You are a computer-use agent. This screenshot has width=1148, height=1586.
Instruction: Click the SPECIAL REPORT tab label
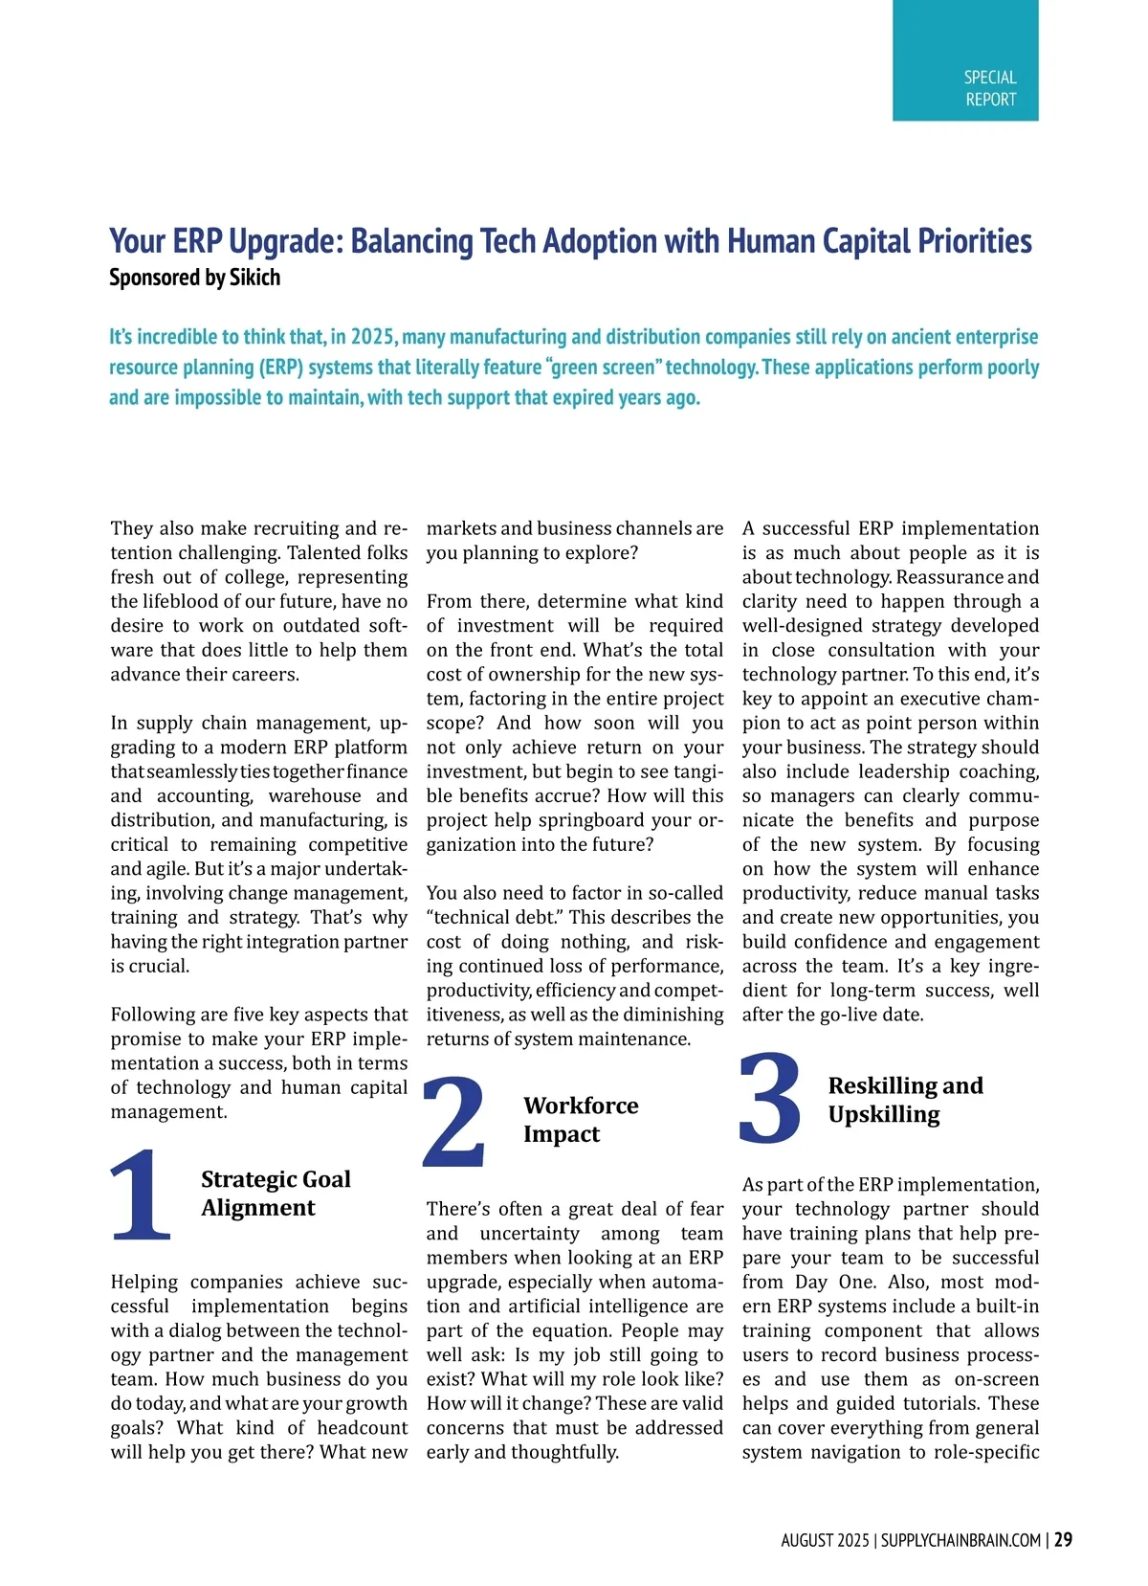click(x=989, y=88)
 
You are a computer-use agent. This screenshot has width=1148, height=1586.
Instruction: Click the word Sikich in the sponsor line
click(x=254, y=278)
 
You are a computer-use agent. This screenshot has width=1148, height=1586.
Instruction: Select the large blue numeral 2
click(x=455, y=1121)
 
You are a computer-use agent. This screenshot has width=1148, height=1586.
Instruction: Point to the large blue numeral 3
click(x=771, y=1099)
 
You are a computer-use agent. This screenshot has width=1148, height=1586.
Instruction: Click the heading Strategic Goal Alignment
click(x=276, y=1193)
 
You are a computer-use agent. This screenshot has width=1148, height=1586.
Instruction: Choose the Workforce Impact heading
click(x=581, y=1120)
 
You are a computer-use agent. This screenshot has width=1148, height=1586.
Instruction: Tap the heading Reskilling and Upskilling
click(x=905, y=1100)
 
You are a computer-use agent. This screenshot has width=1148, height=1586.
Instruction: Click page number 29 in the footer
click(x=1063, y=1539)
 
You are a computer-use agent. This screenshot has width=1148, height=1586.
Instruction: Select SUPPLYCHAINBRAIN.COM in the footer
click(x=960, y=1540)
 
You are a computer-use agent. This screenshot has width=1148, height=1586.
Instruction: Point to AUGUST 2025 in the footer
click(x=825, y=1540)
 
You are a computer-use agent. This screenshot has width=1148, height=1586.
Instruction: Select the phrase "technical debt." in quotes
click(x=495, y=917)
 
